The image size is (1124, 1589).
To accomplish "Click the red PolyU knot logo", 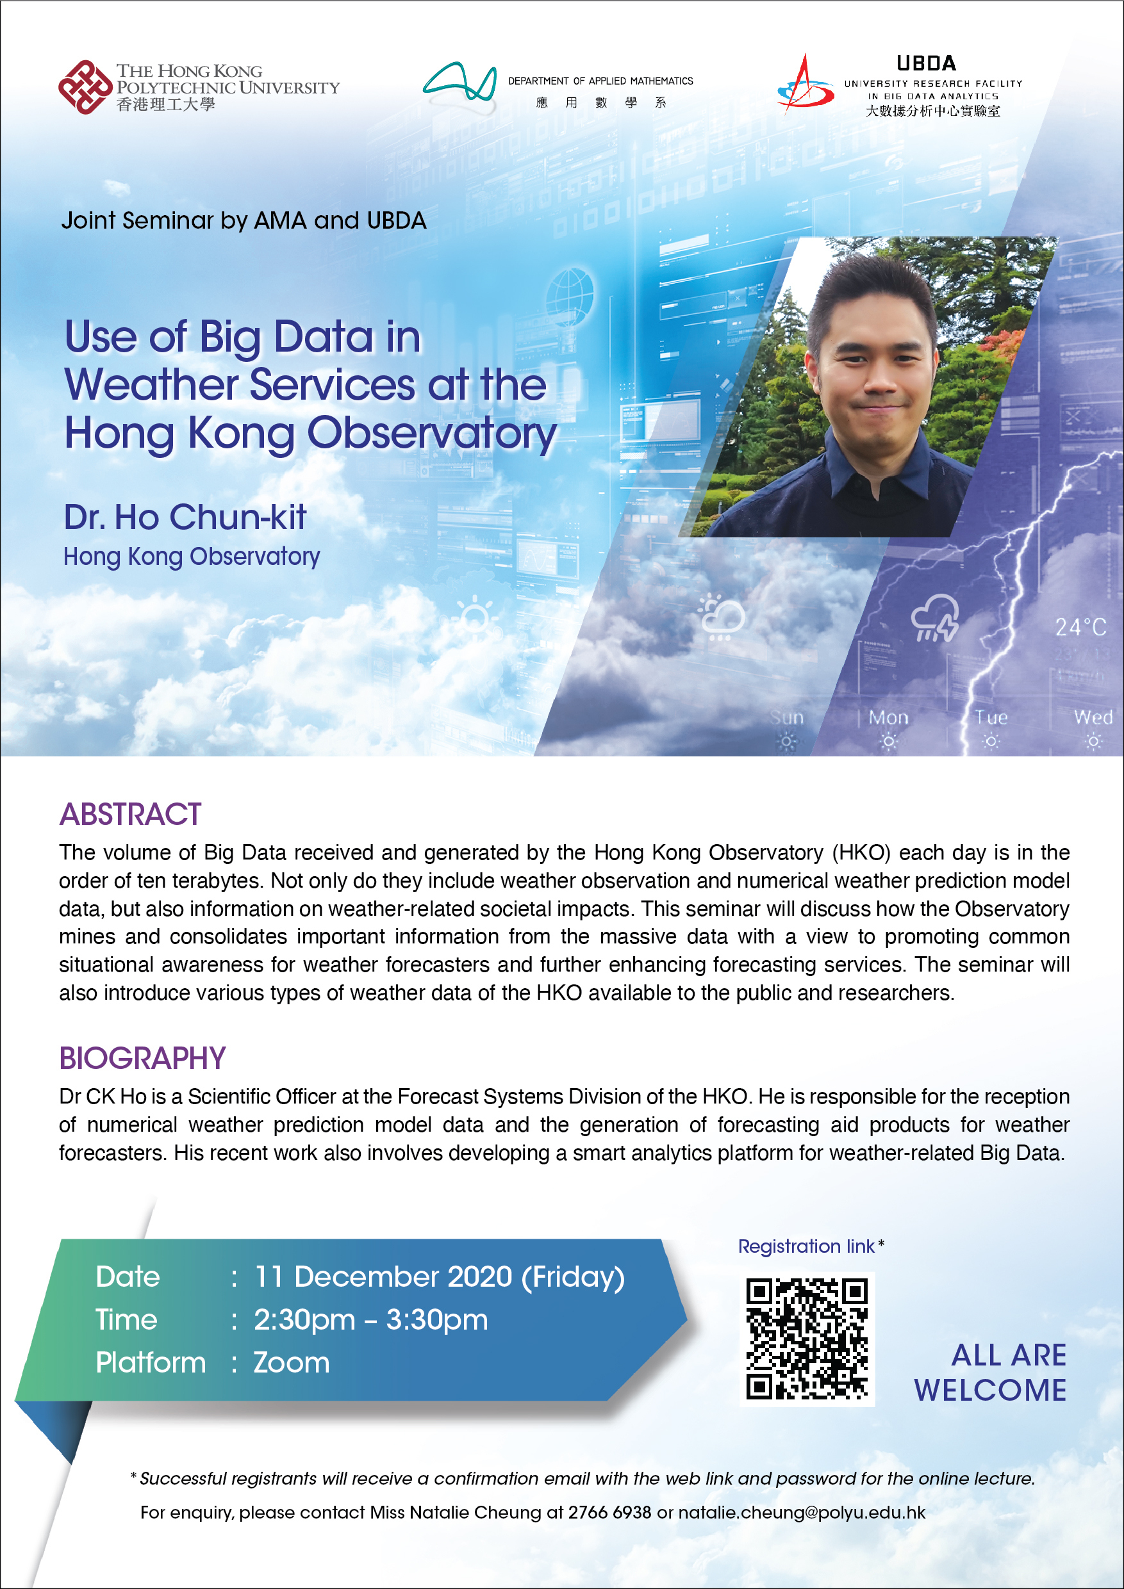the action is (85, 87).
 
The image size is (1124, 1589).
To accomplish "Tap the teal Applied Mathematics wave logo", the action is (460, 85).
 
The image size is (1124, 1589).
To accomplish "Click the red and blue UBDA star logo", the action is (805, 85).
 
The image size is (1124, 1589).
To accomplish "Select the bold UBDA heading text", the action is (926, 63).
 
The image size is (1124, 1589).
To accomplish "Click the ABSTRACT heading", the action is (130, 815).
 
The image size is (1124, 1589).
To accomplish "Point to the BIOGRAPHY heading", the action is (143, 1058).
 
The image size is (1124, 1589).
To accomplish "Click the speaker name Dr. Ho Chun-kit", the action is (185, 517).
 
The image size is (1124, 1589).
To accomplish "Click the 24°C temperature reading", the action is (1080, 627).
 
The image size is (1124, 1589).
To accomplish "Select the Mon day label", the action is (889, 718).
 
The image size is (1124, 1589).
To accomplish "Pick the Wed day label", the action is (1093, 718).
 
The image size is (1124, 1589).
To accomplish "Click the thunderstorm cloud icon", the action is (935, 618).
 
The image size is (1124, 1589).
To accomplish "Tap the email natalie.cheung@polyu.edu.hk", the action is (801, 1512).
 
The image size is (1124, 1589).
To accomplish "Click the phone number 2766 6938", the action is (609, 1512).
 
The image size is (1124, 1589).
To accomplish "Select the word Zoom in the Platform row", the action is (292, 1363).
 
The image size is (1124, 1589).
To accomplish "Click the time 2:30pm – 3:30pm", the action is (370, 1320).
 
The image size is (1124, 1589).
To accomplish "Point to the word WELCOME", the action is (990, 1390).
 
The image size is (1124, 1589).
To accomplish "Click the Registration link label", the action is (806, 1246).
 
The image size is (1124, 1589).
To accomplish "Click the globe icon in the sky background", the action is (569, 291).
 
